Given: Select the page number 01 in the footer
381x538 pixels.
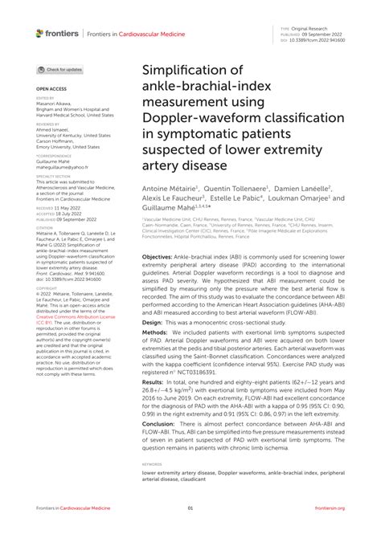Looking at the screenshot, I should pos(190,508).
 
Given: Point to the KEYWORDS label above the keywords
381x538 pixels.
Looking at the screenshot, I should pos(152,464).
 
